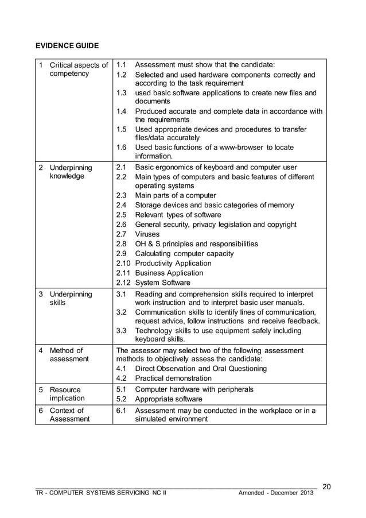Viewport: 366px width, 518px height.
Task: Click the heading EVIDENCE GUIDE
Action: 67,45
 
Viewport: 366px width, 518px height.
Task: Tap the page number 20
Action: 326,487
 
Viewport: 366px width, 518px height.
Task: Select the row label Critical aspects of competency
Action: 79,69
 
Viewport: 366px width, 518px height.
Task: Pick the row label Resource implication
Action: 67,394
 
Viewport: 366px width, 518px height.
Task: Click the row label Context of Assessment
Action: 69,415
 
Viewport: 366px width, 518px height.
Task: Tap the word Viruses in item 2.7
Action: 147,234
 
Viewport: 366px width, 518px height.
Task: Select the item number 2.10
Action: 123,264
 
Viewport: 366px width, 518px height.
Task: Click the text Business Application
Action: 169,273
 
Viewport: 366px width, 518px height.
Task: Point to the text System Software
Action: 162,283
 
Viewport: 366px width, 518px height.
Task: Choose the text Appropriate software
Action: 169,399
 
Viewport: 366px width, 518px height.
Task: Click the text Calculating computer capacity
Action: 184,254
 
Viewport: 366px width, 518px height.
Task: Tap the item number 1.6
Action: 121,148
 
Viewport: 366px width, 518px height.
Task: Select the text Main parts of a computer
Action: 176,196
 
